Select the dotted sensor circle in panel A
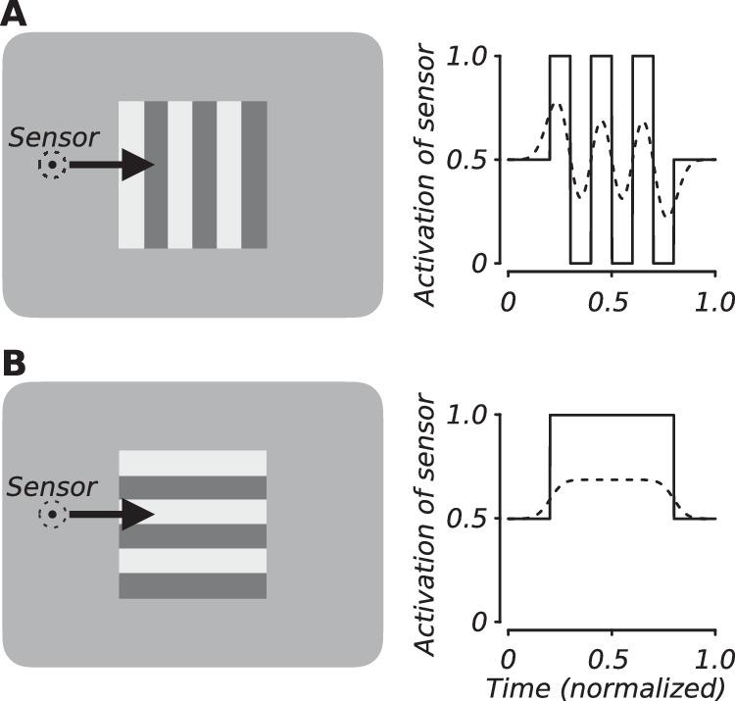click(51, 165)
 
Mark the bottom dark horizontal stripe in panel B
click(192, 585)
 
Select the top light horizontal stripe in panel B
click(192, 463)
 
